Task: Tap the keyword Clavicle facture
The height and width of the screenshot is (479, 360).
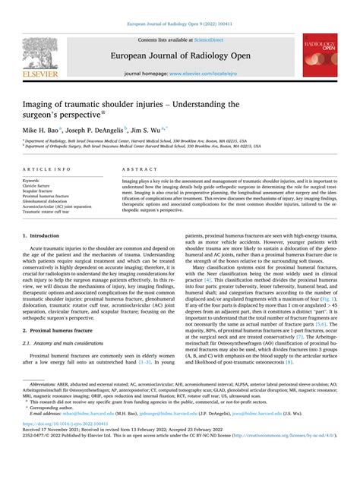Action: [42, 184]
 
